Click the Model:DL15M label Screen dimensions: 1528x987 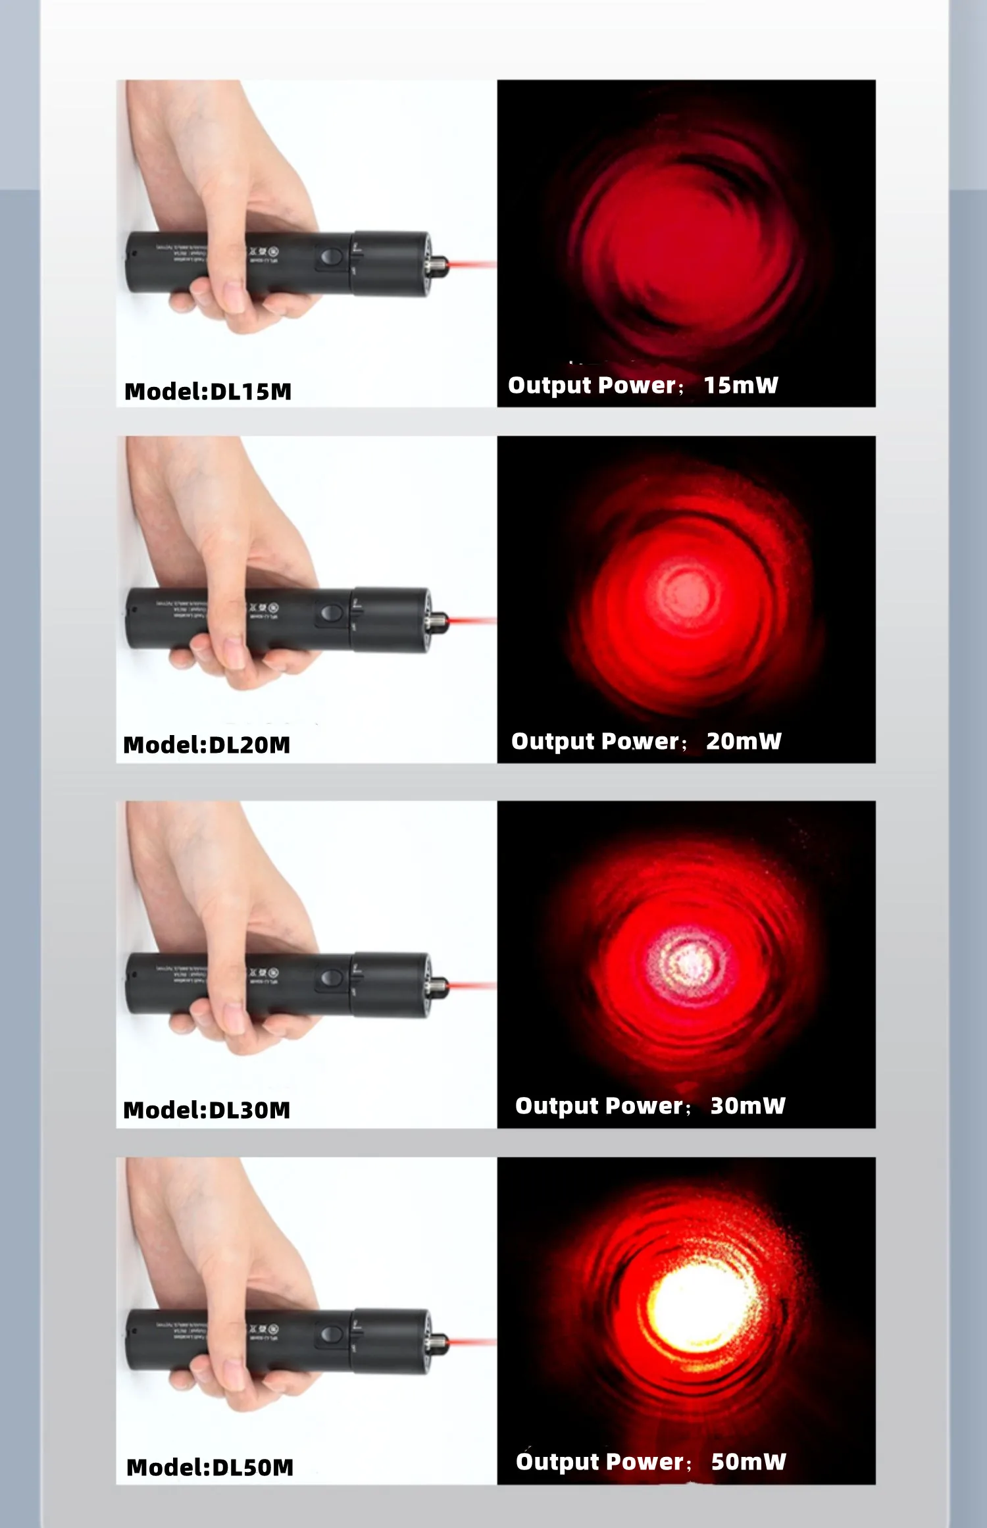[x=208, y=392]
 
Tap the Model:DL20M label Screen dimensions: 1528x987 [x=207, y=745]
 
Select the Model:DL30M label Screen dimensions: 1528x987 [x=207, y=1110]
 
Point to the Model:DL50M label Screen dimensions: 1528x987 [x=210, y=1467]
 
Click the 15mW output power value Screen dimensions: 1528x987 [x=741, y=386]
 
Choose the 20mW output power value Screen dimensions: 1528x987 [x=744, y=742]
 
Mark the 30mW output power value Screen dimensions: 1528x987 [x=747, y=1106]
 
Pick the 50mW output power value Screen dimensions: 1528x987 [x=748, y=1462]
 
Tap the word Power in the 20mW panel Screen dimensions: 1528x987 [x=640, y=742]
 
